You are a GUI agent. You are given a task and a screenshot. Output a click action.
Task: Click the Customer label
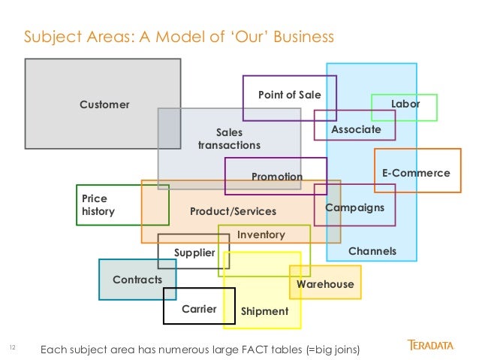[x=104, y=104]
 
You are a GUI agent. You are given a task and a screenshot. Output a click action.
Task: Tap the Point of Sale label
[x=289, y=95]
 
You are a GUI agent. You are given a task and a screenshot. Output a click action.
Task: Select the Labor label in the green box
[x=405, y=104]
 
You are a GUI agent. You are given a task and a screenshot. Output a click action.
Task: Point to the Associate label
[x=356, y=129]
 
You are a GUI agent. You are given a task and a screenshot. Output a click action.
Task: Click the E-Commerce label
[x=416, y=173]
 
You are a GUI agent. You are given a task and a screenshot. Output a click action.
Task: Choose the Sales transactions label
[x=229, y=138]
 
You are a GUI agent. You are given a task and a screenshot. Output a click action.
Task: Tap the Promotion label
[x=276, y=177]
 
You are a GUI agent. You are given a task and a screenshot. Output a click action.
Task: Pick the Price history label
[x=98, y=205]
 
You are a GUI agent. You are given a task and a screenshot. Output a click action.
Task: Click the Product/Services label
[x=233, y=211]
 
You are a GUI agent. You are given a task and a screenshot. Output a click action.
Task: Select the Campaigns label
[x=354, y=207]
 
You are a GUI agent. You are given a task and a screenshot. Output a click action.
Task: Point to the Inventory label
[x=261, y=234]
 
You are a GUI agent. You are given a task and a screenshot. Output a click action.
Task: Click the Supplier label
[x=194, y=253]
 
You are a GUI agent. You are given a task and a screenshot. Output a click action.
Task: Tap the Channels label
[x=372, y=251]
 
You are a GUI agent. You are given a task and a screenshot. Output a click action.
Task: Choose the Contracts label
[x=137, y=280]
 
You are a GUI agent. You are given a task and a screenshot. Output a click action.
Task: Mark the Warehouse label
[x=324, y=284]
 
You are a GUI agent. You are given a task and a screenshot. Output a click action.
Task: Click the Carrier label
[x=199, y=309]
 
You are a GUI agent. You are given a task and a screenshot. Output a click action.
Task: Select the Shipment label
[x=264, y=311]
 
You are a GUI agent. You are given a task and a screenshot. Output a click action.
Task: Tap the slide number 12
[x=12, y=347]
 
